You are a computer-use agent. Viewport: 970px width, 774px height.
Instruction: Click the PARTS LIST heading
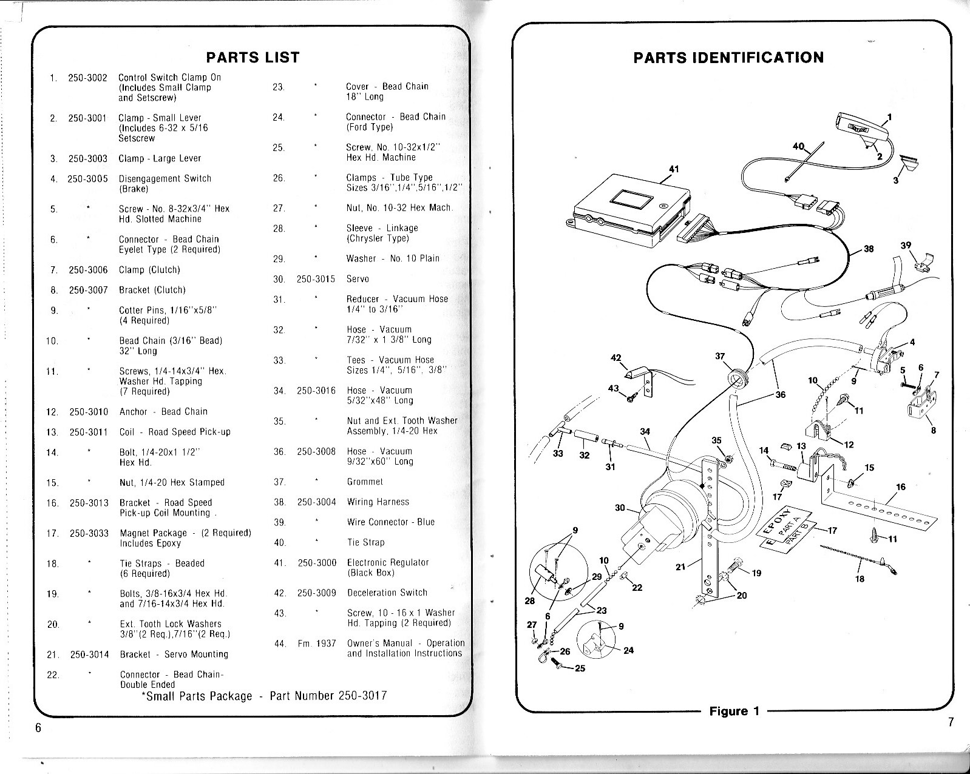253,58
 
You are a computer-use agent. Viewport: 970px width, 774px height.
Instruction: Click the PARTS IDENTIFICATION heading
728,58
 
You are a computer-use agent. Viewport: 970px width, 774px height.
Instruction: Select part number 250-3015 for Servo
316,279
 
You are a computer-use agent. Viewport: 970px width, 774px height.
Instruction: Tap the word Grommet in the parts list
365,482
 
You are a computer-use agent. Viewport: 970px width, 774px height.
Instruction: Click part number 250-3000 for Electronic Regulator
317,563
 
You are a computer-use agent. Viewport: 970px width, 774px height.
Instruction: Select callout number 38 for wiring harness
869,249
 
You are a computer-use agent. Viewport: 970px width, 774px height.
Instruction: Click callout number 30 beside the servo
620,508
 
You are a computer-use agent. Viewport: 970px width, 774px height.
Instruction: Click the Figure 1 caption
734,712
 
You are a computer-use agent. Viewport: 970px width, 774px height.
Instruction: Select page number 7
951,722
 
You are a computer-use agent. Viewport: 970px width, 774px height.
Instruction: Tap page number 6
38,728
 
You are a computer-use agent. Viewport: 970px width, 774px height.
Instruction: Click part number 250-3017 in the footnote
362,696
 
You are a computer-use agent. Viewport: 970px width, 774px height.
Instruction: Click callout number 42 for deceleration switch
616,358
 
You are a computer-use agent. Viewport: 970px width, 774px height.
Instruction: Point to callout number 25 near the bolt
580,668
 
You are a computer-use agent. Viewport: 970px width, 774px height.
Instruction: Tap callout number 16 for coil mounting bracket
901,487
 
